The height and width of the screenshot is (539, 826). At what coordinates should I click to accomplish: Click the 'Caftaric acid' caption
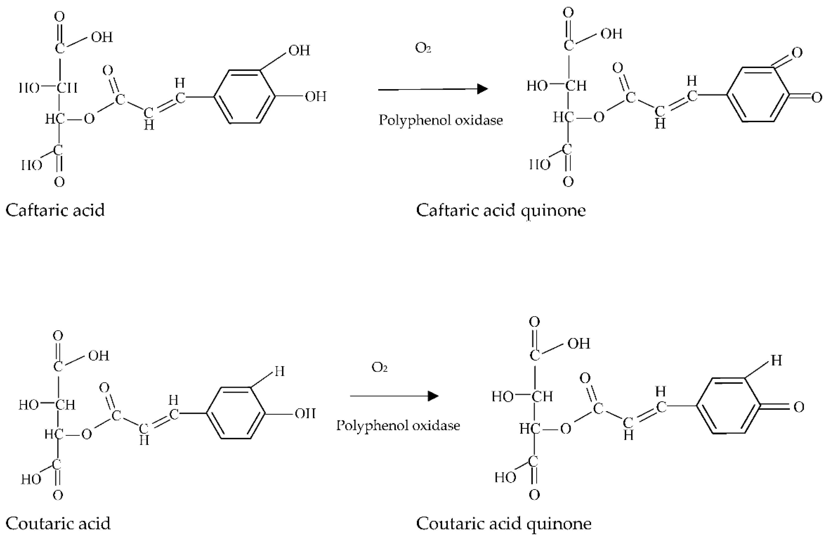pos(55,210)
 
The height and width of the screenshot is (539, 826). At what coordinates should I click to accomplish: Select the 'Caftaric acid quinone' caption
pos(501,210)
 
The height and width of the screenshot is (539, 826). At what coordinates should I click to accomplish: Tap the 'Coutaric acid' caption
pos(58,523)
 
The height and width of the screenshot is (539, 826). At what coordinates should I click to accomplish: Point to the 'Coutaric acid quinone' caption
pos(504,523)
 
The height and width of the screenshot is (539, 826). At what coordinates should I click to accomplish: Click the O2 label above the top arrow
pos(423,48)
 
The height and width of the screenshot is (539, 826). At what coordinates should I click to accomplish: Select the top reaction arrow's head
pos(482,89)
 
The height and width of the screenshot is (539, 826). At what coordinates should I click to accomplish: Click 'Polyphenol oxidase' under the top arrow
pos(440,120)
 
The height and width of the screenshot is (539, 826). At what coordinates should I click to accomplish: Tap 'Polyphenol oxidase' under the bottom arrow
pos(398,425)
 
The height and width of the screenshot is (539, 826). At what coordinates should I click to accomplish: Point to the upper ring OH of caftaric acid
pos(299,51)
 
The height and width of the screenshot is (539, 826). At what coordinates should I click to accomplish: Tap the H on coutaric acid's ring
pos(279,372)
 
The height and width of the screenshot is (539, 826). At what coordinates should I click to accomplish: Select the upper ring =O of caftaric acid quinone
pos(797,53)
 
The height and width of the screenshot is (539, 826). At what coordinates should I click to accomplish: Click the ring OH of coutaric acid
pos(305,414)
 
